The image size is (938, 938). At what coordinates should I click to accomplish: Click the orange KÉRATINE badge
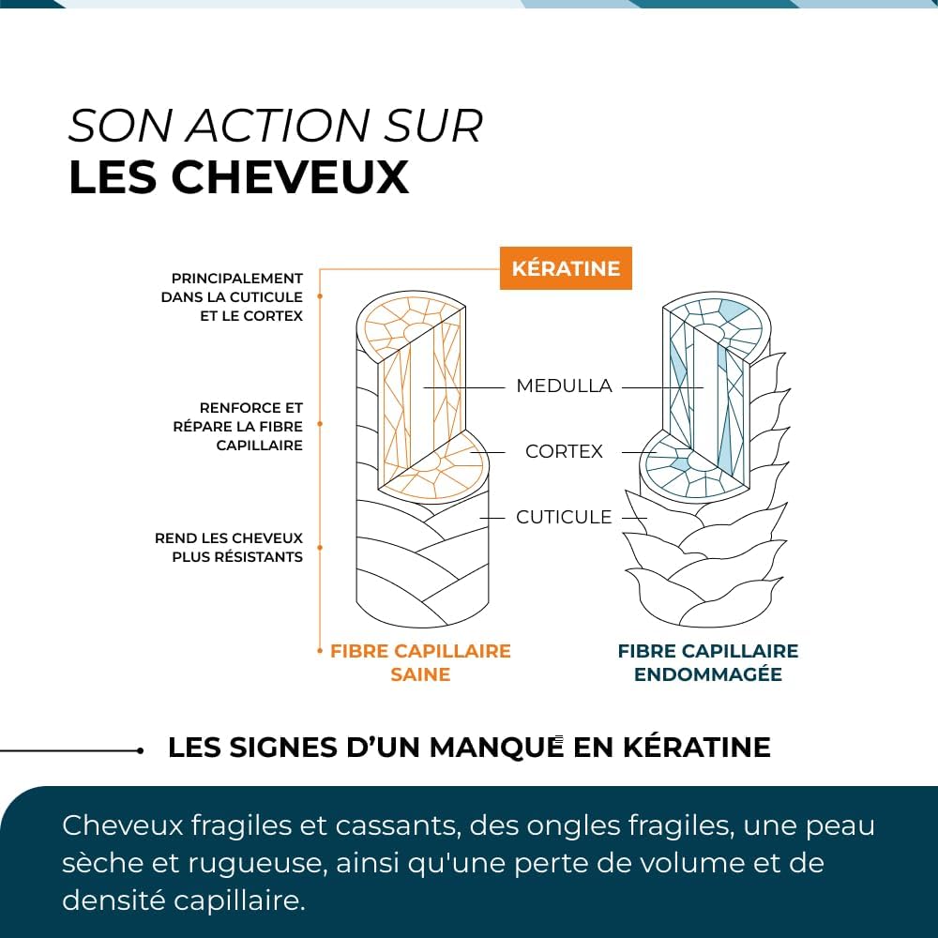click(566, 268)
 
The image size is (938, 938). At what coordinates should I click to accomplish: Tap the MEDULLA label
click(564, 386)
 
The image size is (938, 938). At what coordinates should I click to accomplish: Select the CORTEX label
click(564, 451)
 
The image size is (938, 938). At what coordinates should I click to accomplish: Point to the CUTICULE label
click(564, 517)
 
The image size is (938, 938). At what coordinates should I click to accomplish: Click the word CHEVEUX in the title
click(290, 177)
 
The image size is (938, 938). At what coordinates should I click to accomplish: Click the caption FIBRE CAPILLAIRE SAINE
click(420, 662)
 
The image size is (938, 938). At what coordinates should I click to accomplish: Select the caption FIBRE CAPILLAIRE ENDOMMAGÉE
click(708, 662)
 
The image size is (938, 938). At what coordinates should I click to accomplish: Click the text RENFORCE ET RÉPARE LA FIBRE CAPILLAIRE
click(237, 427)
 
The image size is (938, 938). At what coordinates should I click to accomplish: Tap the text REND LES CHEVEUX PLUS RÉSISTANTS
click(229, 548)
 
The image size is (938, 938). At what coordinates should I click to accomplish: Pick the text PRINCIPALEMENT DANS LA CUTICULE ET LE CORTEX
click(232, 297)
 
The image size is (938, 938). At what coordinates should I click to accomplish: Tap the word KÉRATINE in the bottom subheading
click(696, 748)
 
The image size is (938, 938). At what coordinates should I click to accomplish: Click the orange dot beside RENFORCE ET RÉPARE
click(320, 424)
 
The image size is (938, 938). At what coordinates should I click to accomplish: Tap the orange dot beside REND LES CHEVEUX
click(320, 548)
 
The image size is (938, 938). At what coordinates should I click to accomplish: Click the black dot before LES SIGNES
click(140, 750)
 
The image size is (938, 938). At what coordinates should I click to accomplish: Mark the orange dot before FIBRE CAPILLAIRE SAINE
click(320, 651)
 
